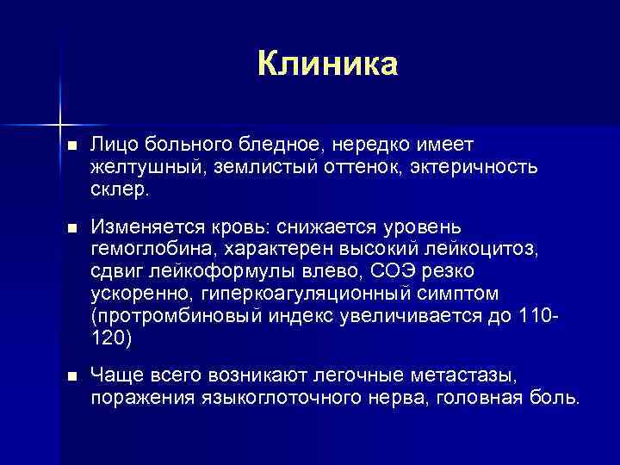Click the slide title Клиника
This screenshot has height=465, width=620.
327,64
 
